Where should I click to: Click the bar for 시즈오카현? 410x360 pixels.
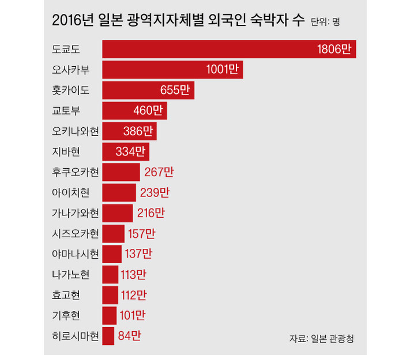tap(113, 233)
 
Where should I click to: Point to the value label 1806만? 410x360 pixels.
tap(334, 50)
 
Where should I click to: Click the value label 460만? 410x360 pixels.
tap(148, 111)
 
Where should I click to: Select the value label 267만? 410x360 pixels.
tap(159, 172)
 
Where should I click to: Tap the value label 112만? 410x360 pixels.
tap(134, 295)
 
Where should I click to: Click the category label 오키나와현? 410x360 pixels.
tap(75, 131)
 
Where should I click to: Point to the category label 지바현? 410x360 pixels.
tap(64, 152)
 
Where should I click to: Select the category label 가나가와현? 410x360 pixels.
tap(75, 213)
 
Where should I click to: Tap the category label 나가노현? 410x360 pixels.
tap(71, 274)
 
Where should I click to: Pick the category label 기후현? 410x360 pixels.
tap(64, 316)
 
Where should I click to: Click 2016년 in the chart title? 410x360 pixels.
tap(73, 21)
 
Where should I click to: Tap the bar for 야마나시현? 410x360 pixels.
tap(112, 254)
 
